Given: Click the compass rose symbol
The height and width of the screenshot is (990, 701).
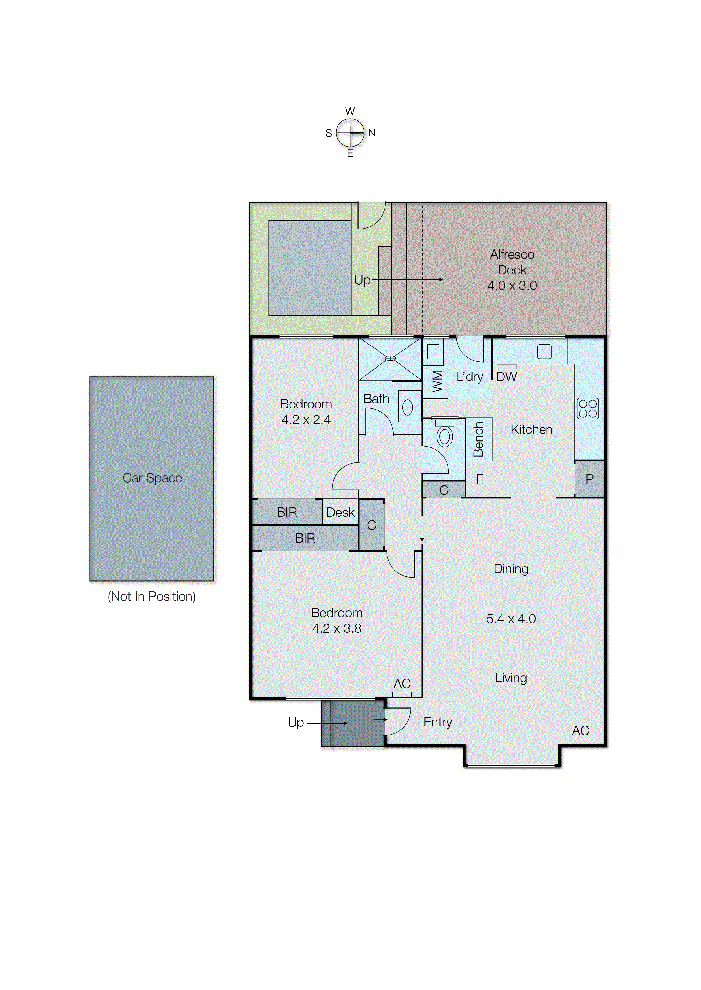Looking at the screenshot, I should pos(350,133).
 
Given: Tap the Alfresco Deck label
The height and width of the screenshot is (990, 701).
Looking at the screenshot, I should pos(512,262).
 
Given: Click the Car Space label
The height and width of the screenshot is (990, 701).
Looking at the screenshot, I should pos(152,478).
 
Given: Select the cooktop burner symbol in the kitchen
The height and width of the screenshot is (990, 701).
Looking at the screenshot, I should pos(588,408).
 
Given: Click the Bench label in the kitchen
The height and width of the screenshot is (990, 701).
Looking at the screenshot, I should pos(478,439).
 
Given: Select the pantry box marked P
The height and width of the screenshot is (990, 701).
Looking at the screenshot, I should pos(589,479).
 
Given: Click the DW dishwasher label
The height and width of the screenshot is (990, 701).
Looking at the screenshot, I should pos(506,377).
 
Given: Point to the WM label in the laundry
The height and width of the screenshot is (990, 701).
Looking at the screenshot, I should pos(437,381).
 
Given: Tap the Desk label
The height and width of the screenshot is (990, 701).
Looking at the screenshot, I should pos(340,513).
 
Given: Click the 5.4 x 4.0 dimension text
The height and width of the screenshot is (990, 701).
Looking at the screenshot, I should pos(511,619).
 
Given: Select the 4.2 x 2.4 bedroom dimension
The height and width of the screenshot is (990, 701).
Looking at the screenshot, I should pos(306,420).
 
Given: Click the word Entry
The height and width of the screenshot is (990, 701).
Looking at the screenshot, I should pos(438,722).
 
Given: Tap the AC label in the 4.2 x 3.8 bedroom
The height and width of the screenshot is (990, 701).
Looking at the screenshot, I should pos(402,683).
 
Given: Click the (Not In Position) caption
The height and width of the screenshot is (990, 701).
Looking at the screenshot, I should pos(152,596).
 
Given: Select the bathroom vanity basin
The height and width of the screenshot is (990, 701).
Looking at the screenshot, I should pos(407,407).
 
